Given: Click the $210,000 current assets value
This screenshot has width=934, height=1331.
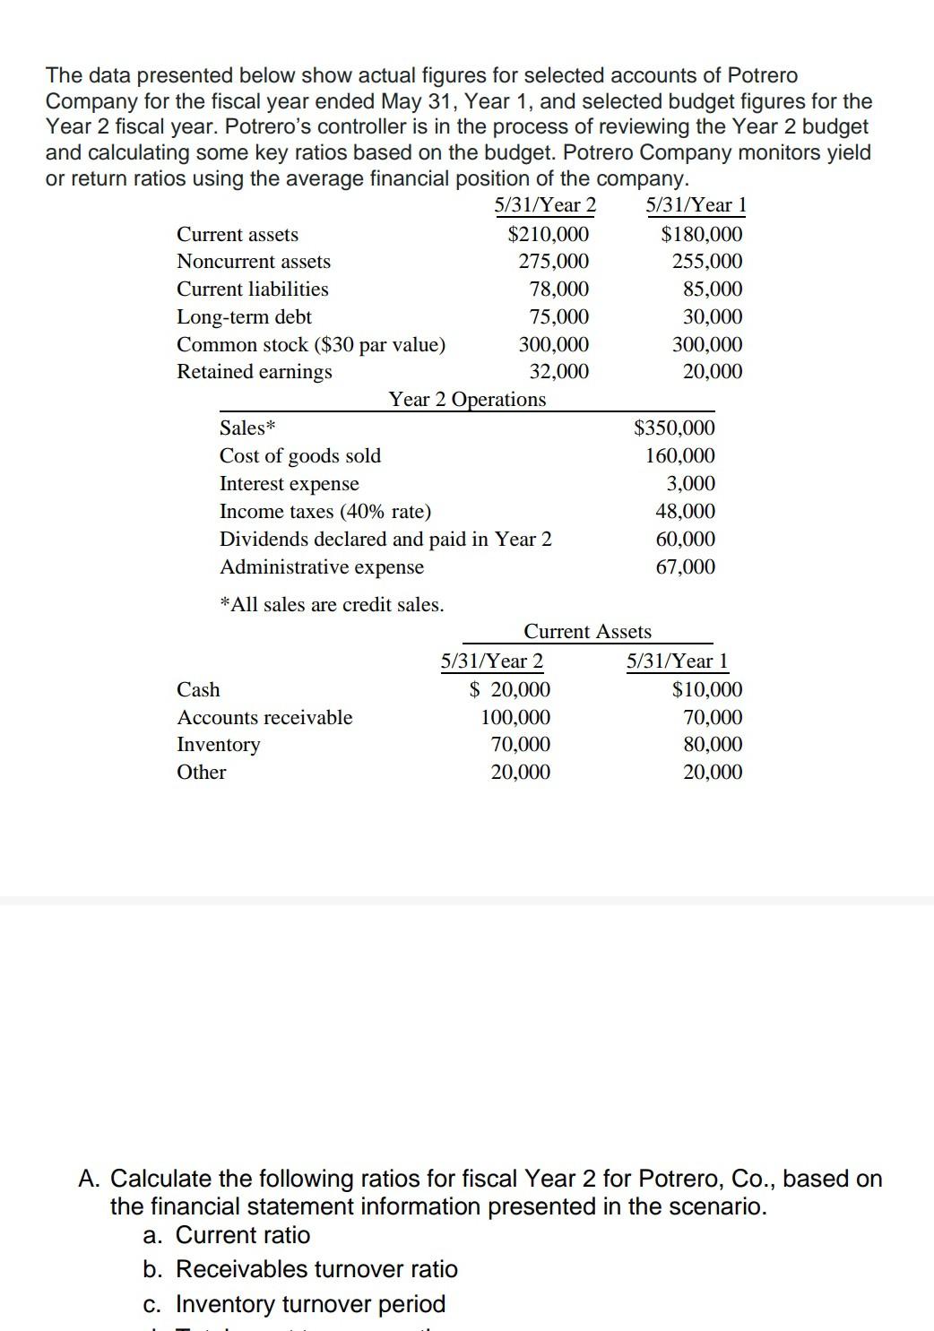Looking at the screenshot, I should (x=549, y=235).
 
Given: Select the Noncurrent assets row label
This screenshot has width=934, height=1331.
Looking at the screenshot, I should (x=254, y=262).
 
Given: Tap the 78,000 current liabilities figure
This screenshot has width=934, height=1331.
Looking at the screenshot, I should (x=559, y=290).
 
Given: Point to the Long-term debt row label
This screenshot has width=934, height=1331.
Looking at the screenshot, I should (x=245, y=317).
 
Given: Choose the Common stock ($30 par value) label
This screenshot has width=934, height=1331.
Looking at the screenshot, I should (x=311, y=345).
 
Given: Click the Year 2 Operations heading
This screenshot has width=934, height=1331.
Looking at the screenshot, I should (x=467, y=400).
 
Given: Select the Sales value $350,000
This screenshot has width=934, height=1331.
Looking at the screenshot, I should (x=674, y=428).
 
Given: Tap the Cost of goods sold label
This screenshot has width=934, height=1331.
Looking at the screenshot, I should (x=300, y=456).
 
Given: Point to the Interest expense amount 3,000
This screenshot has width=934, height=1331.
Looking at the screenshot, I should (x=691, y=484).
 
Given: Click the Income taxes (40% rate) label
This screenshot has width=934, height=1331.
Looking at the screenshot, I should (x=325, y=512).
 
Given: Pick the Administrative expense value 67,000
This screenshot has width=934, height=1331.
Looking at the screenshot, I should (x=686, y=567).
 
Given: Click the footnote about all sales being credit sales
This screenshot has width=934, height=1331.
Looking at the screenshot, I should (x=332, y=605).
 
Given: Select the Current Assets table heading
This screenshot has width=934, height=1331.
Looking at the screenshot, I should (x=587, y=632).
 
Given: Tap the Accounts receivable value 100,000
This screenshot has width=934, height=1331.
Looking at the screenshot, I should (x=516, y=718).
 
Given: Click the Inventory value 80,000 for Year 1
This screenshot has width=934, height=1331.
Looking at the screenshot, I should (x=713, y=745).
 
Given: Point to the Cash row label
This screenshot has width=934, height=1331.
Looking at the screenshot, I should (x=199, y=690).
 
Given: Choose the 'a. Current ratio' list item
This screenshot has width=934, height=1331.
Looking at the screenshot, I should (x=227, y=1235).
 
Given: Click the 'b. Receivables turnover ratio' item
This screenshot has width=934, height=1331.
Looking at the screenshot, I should (x=300, y=1269).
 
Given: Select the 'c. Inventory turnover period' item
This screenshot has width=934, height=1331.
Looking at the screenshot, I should (x=294, y=1303).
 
